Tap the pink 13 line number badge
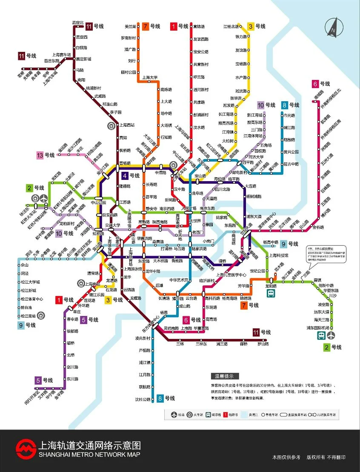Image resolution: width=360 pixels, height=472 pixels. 40,155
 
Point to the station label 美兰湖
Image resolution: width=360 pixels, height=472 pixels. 130,26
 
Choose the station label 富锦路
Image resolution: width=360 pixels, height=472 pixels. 198,26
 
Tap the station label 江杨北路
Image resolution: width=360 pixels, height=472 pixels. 231,26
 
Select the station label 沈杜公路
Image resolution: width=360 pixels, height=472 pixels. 143,399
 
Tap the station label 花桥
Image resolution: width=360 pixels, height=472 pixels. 20,76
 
